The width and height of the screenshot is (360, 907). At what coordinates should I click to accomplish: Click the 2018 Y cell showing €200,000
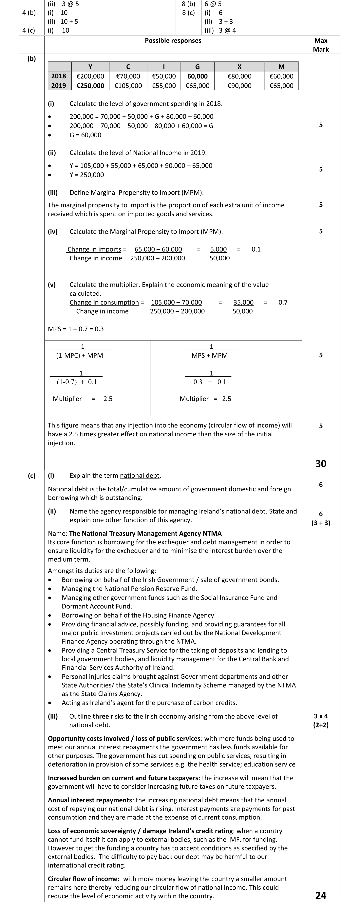click(x=90, y=76)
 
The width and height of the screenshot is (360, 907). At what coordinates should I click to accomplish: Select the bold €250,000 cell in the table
click(x=90, y=86)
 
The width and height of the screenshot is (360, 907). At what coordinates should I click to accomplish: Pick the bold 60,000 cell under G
click(x=197, y=76)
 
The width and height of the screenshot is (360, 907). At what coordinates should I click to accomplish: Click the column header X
click(x=239, y=67)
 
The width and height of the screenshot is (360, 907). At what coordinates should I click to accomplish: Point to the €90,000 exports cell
click(x=239, y=86)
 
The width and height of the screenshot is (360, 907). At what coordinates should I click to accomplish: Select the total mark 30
click(x=321, y=464)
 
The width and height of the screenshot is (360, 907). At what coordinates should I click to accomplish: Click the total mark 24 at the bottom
click(x=321, y=895)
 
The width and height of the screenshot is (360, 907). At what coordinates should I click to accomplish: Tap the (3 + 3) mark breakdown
click(x=321, y=523)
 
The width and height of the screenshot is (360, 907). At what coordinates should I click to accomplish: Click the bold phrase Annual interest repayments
click(x=90, y=800)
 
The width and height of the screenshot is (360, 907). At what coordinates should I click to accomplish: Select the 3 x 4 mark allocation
click(x=321, y=716)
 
